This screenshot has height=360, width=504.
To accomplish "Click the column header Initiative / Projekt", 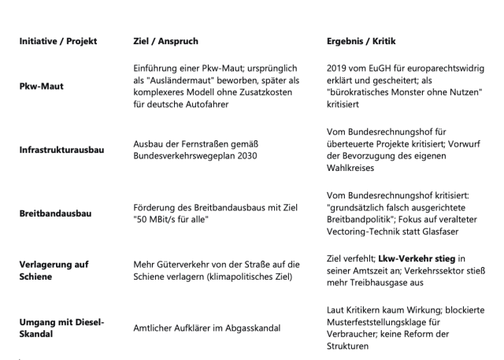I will (58, 40).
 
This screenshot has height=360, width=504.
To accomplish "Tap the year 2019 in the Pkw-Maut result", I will (337, 68).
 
